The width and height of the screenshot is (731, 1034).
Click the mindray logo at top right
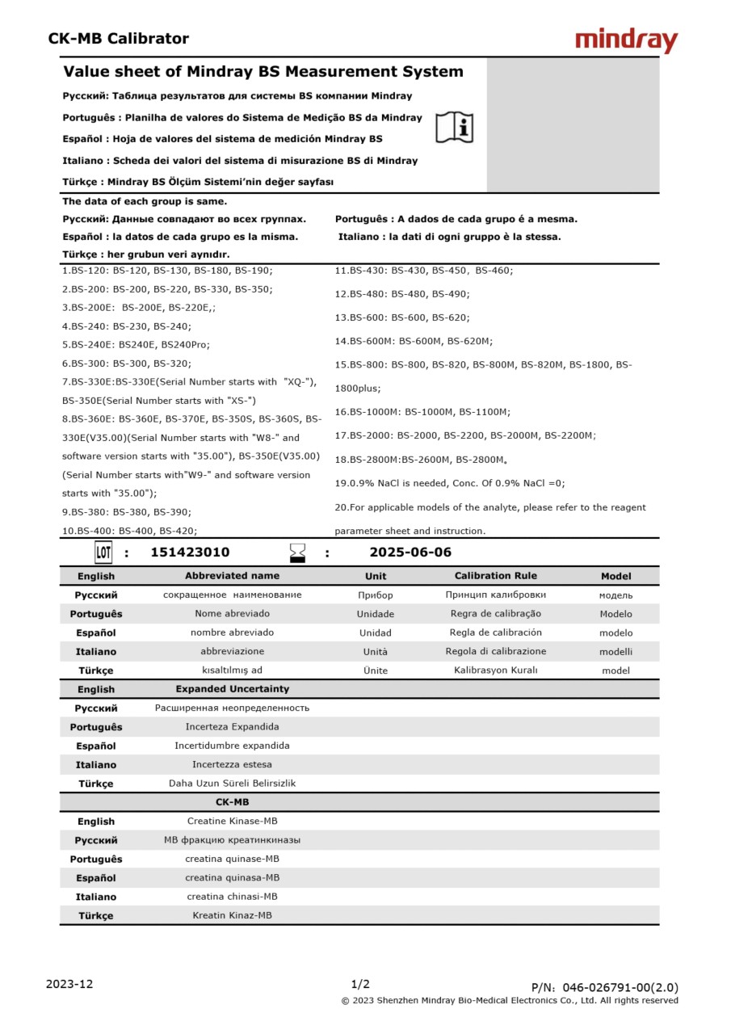(x=626, y=40)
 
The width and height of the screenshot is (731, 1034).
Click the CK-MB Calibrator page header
(x=118, y=39)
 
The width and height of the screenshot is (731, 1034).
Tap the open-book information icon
(x=455, y=127)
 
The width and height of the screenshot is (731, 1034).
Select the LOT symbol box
(x=103, y=553)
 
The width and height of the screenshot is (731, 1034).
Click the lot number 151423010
(x=190, y=553)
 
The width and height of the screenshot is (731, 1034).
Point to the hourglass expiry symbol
(x=298, y=553)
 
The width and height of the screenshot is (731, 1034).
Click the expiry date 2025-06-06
(x=410, y=553)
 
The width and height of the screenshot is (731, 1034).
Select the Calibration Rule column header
(x=495, y=576)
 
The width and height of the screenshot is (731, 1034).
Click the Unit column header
(x=376, y=576)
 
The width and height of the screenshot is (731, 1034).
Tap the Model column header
(x=616, y=576)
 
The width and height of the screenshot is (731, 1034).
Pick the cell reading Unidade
(x=376, y=614)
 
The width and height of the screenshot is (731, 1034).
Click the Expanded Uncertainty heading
(x=233, y=689)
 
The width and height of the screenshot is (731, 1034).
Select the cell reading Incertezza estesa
(x=233, y=764)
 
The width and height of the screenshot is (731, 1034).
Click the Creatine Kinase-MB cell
(x=233, y=821)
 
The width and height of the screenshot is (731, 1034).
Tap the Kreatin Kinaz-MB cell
(x=233, y=915)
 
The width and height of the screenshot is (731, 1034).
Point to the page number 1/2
(x=360, y=984)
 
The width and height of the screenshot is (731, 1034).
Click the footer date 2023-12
(x=69, y=984)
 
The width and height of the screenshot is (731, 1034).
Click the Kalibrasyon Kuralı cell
(x=495, y=670)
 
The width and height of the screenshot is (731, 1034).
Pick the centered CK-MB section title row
(x=233, y=802)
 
